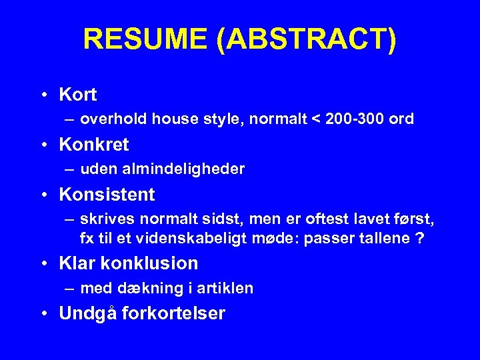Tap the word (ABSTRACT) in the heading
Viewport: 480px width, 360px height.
tap(306, 40)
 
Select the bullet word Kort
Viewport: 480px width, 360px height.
tap(78, 95)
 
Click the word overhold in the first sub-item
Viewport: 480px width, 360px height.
tap(113, 119)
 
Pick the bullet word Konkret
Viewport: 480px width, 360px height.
tap(94, 144)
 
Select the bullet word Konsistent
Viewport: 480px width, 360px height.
tap(107, 195)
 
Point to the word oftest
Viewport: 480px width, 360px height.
tap(332, 220)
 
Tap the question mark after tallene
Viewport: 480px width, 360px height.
tap(419, 239)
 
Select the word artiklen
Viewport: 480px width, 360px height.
tap(226, 289)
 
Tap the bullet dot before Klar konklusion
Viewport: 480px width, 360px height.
tap(43, 263)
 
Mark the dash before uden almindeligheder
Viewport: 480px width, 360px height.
tap(70, 169)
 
